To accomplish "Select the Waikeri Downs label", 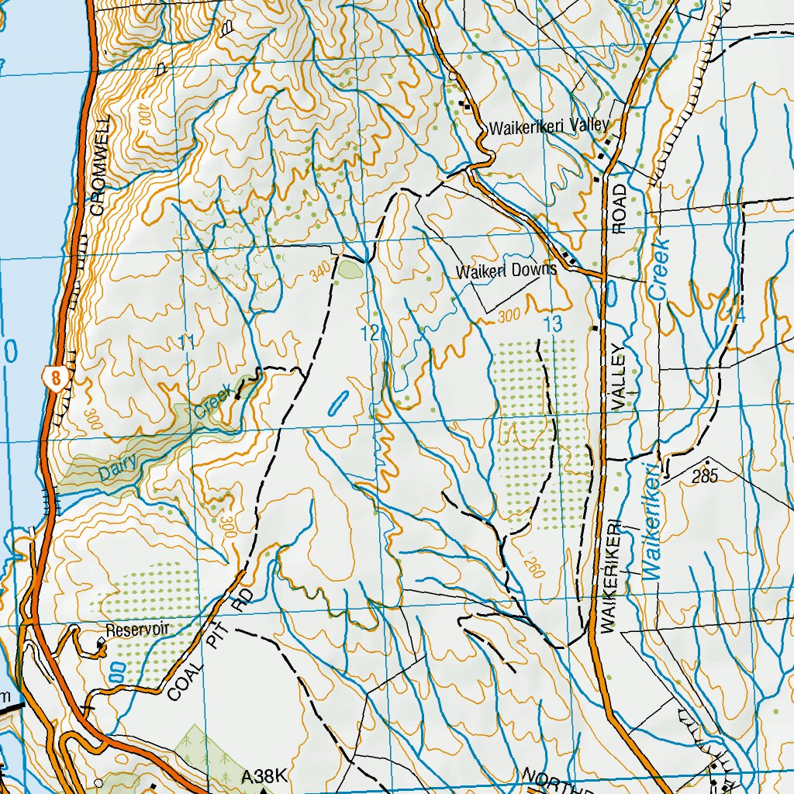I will coord(506,271).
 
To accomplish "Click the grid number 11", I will coord(186,341).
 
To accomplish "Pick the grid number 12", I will coord(371,333).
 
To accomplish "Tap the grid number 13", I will coord(552,326).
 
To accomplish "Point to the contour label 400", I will coord(145,116).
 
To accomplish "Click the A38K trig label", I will coord(264,776).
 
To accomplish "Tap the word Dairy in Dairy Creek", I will coord(118,467).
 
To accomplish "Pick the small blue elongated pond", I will coord(338,401).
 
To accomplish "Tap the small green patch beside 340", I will coord(348,270).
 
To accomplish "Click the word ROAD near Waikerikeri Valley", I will coord(619,209).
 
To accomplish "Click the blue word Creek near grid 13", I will coord(660,269).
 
